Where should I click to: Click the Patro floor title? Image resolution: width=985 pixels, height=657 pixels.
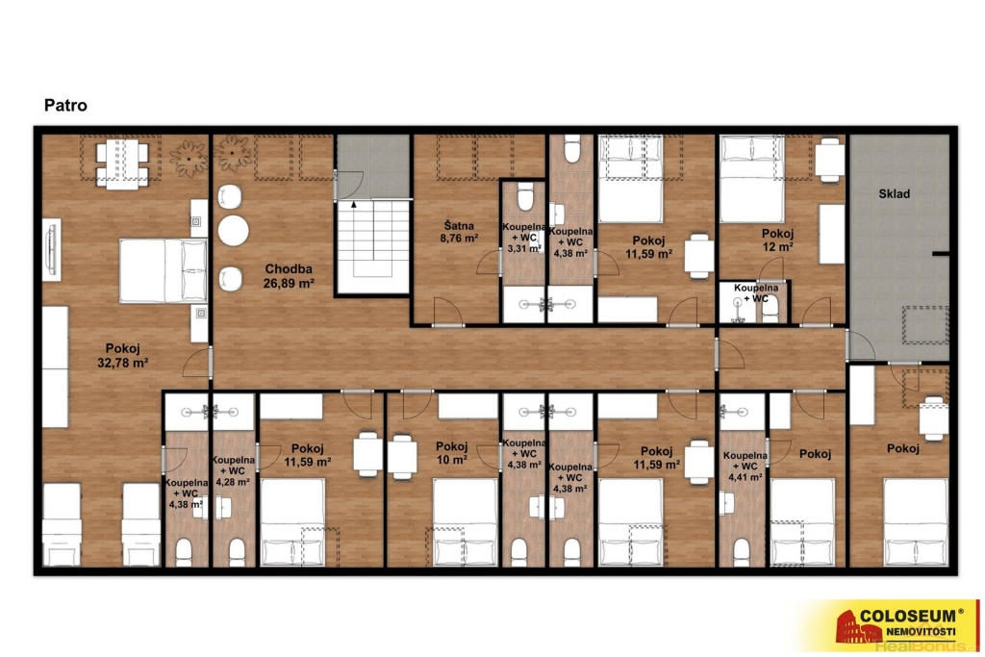65,105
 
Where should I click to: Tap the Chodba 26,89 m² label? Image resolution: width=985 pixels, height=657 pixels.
289,276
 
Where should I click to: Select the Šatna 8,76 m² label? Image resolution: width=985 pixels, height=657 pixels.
460,232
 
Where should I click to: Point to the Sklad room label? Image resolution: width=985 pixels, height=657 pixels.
894,194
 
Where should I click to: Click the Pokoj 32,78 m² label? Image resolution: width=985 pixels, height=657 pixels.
122,356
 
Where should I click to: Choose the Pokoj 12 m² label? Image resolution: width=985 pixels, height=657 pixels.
777,240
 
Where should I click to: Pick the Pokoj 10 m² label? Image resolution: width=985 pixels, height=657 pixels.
452,453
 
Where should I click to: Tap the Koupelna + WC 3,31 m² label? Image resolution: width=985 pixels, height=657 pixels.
524,238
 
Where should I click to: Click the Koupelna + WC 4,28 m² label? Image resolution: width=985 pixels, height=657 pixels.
233,471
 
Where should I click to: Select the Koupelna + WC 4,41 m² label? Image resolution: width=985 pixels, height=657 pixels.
745,466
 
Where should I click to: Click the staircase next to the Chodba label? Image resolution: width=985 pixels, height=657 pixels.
373,246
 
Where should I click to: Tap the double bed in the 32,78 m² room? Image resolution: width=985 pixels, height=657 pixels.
164,270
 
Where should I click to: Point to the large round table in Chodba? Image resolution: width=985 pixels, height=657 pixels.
233,231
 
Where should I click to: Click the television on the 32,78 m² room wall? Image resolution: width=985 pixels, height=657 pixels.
52,249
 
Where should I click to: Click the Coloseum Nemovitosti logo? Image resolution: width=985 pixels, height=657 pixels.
889,624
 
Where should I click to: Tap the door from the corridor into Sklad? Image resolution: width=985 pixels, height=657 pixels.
859,344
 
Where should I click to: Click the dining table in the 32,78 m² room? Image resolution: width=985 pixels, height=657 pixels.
122,164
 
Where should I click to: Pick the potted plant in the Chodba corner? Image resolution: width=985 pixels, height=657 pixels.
233,153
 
